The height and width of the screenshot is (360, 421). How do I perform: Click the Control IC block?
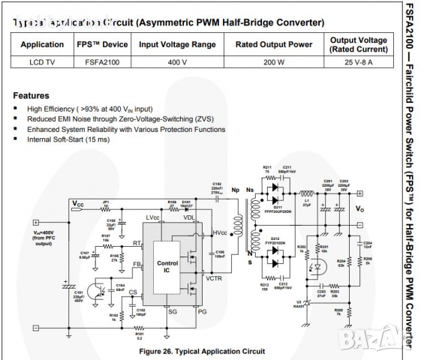click(167, 266)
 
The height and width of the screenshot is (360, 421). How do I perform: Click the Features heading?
click(32, 96)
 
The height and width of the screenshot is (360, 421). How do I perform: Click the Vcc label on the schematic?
click(78, 204)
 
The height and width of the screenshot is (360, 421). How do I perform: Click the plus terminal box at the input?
click(35, 222)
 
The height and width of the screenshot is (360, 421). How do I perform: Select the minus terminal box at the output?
click(359, 223)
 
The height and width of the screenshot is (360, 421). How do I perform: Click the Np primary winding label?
click(235, 190)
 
